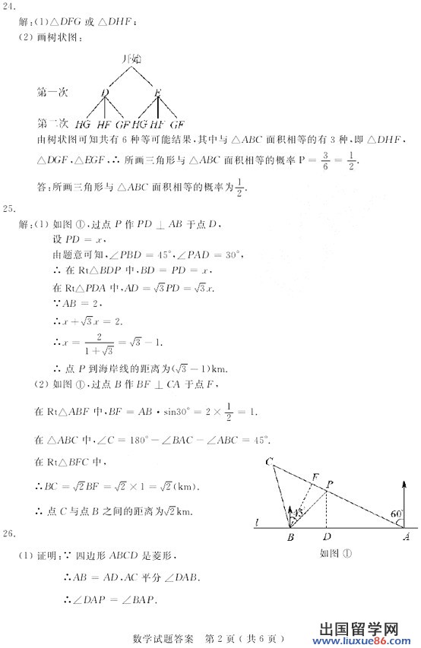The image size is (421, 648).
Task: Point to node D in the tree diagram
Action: pos(105,92)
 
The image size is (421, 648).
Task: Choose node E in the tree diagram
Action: pos(157,92)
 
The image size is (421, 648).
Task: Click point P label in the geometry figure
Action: pos(330,484)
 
